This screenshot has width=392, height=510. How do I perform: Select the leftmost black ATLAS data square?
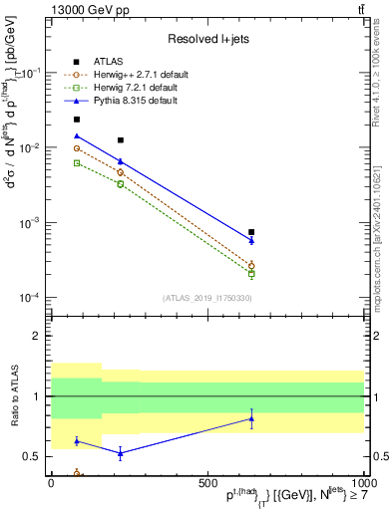click(77, 120)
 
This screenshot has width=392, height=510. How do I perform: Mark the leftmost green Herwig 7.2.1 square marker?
click(77, 162)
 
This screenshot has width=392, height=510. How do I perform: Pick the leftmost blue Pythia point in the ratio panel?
click(77, 440)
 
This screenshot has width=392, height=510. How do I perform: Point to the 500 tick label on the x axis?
click(206, 482)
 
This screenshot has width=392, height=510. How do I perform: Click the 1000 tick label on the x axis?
click(362, 482)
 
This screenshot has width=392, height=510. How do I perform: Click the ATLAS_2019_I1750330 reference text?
click(205, 298)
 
